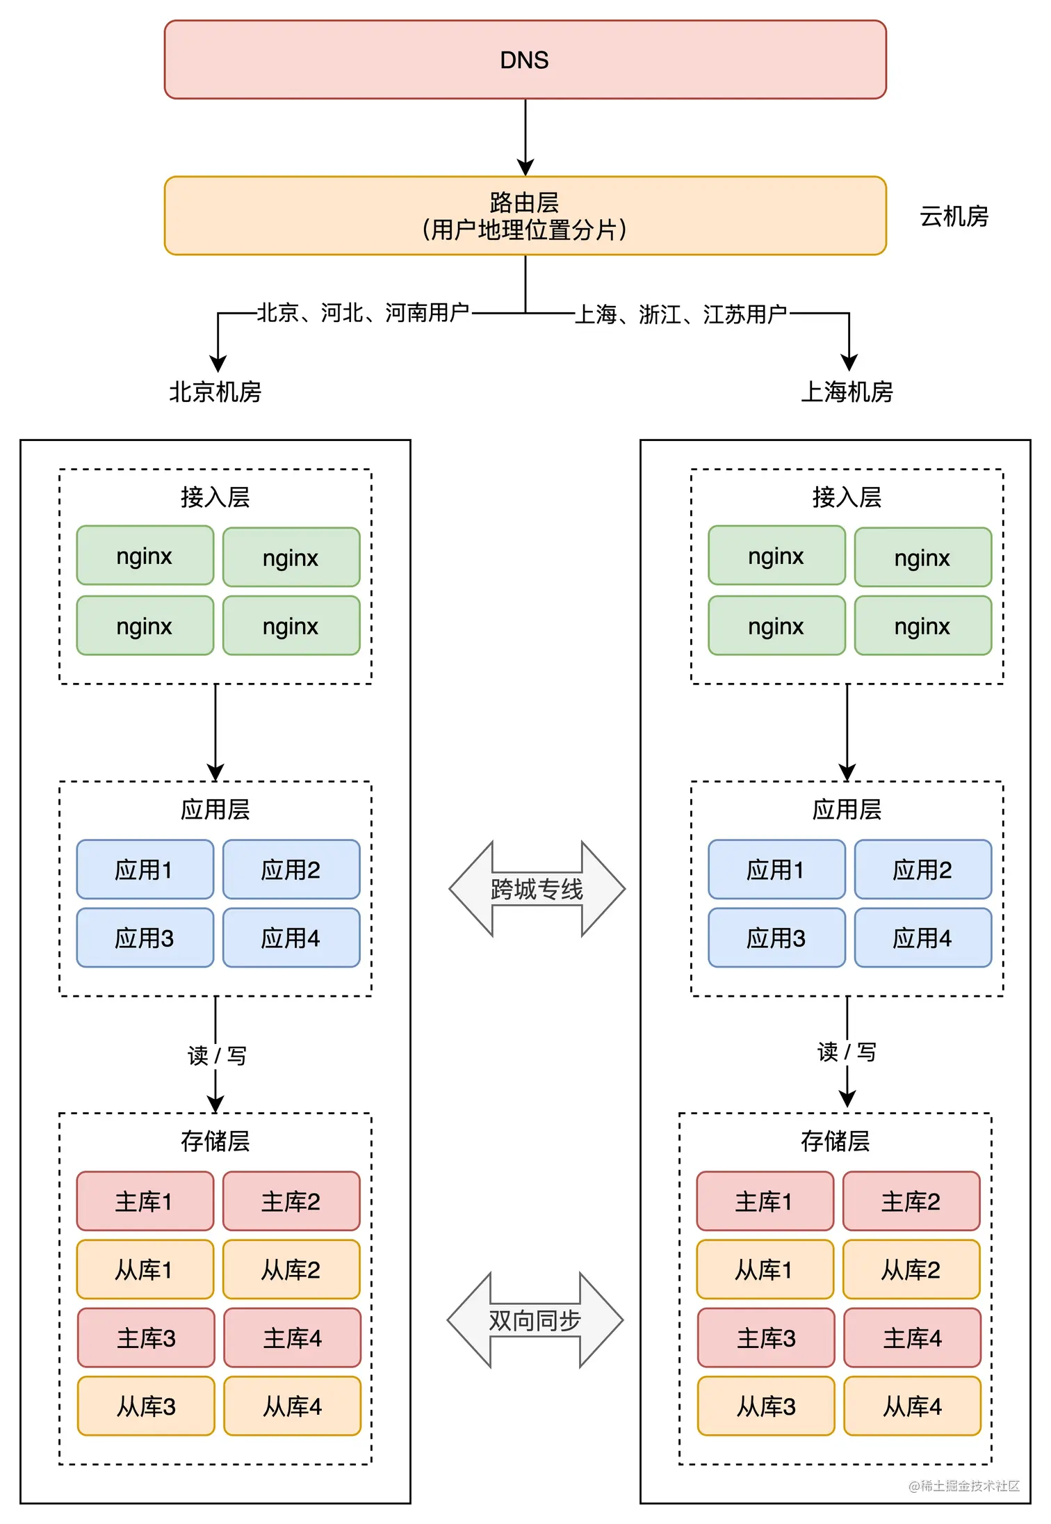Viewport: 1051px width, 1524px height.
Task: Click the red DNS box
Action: (x=525, y=60)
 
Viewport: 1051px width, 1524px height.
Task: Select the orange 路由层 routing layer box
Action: (x=525, y=216)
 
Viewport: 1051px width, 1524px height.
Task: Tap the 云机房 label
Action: (x=954, y=217)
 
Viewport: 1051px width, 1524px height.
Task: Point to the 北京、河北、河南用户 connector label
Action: (x=363, y=313)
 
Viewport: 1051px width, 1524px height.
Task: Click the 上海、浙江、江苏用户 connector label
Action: (x=681, y=314)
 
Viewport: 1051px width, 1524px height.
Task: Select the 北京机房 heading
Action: (x=215, y=392)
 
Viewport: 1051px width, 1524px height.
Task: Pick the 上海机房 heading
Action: (x=847, y=392)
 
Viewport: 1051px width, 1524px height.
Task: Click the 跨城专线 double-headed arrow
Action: (x=537, y=889)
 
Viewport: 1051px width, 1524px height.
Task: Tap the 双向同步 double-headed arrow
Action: (x=535, y=1320)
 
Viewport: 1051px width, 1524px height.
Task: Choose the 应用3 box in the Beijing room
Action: (x=145, y=938)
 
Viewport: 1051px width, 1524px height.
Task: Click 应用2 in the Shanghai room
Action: (x=922, y=870)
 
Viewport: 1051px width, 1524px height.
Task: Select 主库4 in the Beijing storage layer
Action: (x=292, y=1338)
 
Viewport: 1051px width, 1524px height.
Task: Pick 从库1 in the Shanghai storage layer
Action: (x=764, y=1270)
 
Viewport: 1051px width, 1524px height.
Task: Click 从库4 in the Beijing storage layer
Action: (x=292, y=1406)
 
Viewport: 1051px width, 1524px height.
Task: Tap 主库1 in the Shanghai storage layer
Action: (x=764, y=1202)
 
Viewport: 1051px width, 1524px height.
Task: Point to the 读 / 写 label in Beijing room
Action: (x=216, y=1056)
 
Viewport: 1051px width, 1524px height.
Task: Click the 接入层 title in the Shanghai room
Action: (x=847, y=497)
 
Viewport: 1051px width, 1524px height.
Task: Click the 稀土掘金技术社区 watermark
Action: (x=964, y=1486)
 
